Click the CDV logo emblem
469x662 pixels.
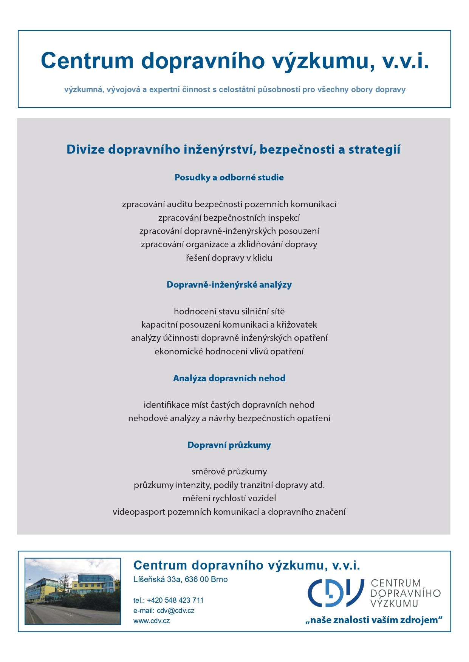pyautogui.click(x=336, y=593)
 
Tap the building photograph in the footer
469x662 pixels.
pyautogui.click(x=73, y=591)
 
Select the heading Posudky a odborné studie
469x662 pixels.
pyautogui.click(x=229, y=177)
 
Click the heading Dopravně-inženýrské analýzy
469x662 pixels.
pyautogui.click(x=229, y=285)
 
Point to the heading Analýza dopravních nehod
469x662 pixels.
pyautogui.click(x=229, y=378)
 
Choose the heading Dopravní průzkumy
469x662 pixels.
pyautogui.click(x=229, y=445)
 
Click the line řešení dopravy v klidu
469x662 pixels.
pyautogui.click(x=229, y=258)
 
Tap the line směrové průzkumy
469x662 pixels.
pyautogui.click(x=229, y=471)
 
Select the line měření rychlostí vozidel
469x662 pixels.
pyautogui.click(x=229, y=498)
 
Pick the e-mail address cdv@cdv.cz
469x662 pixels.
pyautogui.click(x=175, y=610)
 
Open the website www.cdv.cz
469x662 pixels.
pyautogui.click(x=152, y=620)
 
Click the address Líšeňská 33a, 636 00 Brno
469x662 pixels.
pyautogui.click(x=180, y=579)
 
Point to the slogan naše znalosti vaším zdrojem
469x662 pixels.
pyautogui.click(x=374, y=620)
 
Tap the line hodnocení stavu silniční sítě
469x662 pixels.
pyautogui.click(x=229, y=311)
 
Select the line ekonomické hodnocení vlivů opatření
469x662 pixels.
pyautogui.click(x=229, y=351)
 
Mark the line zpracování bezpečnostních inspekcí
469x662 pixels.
pyautogui.click(x=229, y=218)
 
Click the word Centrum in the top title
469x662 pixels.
pyautogui.click(x=87, y=60)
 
